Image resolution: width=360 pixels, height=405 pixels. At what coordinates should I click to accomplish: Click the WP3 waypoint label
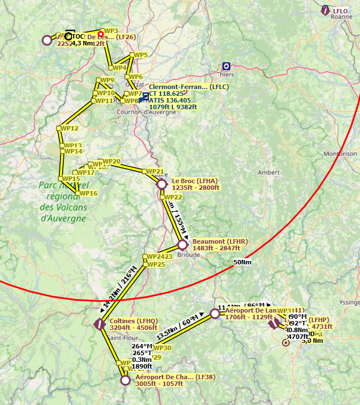coord(111,31)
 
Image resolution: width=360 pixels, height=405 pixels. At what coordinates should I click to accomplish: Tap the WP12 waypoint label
coord(69,128)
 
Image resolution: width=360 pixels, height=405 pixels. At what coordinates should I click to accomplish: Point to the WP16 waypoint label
coord(88,193)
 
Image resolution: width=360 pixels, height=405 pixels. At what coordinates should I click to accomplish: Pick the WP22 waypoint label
coord(173,197)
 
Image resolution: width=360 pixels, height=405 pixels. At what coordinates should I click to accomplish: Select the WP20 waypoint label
coord(111,162)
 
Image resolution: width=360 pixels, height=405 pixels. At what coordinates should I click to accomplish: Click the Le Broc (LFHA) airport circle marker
coord(162,184)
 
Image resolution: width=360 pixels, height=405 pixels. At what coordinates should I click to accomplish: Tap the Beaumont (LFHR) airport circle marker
coord(182,245)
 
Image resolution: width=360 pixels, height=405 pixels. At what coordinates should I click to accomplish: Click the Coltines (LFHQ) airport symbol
coord(100,324)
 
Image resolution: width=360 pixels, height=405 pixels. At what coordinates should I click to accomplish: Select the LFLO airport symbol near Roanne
coord(325,10)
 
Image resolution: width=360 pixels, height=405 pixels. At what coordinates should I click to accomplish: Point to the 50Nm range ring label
coord(242,262)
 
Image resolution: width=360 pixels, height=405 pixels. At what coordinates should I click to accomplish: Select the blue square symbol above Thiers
coord(226,66)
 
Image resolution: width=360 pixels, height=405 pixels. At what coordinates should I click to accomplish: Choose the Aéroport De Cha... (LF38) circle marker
coord(126,380)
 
